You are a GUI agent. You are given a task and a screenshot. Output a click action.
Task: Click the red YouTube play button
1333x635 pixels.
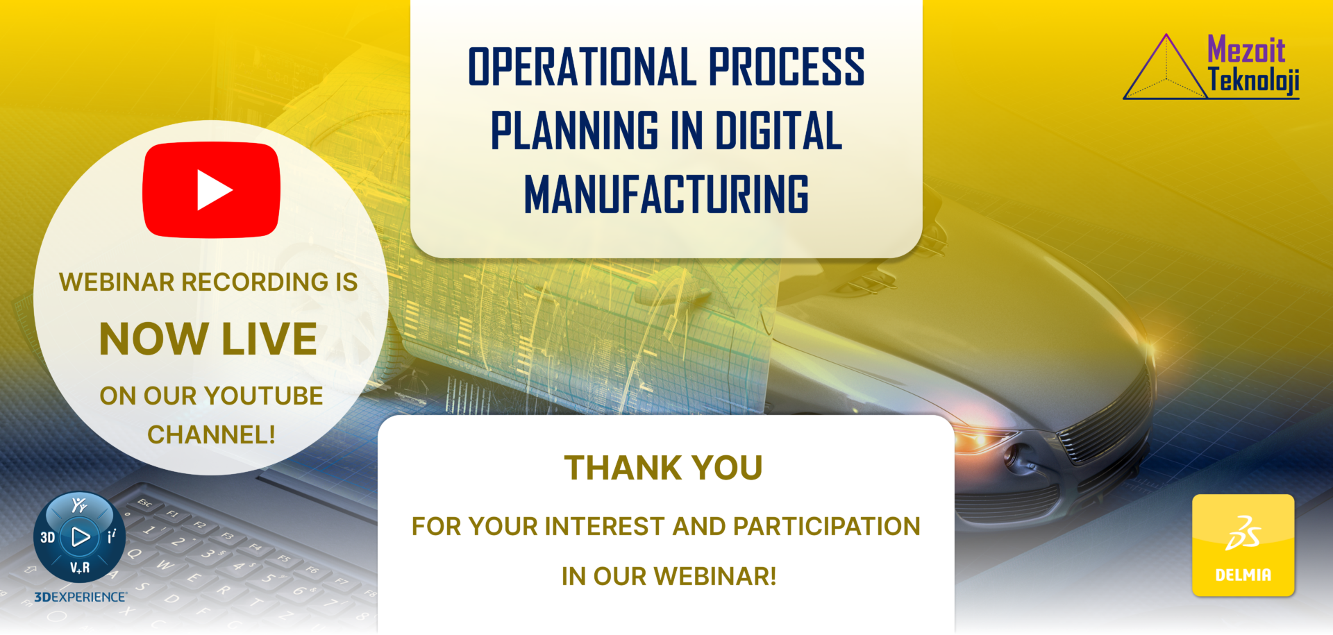pyautogui.click(x=212, y=190)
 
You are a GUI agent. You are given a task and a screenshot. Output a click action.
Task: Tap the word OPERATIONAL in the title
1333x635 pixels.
pyautogui.click(x=582, y=67)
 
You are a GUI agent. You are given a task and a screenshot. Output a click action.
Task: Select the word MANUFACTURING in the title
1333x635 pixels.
pyautogui.click(x=666, y=194)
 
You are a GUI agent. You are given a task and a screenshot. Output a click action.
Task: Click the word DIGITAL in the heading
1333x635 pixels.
pyautogui.click(x=778, y=130)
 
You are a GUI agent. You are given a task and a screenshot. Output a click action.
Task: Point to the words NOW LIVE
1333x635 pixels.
pyautogui.click(x=208, y=339)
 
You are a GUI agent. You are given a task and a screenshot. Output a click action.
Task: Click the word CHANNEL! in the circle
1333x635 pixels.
pyautogui.click(x=212, y=434)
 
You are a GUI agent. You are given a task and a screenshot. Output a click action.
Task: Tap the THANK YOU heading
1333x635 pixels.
pyautogui.click(x=664, y=468)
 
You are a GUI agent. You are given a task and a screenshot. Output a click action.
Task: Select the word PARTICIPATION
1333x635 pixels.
pyautogui.click(x=827, y=527)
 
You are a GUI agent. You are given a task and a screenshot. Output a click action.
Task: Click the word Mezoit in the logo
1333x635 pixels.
pyautogui.click(x=1246, y=50)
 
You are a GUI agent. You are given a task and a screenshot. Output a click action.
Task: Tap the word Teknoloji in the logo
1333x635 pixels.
pyautogui.click(x=1254, y=81)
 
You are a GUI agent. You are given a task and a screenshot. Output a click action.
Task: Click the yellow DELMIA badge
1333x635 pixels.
pyautogui.click(x=1243, y=545)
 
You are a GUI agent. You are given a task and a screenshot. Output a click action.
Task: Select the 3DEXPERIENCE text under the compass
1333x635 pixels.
pyautogui.click(x=81, y=597)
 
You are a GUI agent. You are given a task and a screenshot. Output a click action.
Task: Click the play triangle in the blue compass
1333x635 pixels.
pyautogui.click(x=81, y=536)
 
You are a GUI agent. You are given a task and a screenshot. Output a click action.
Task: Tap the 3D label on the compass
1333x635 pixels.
pyautogui.click(x=47, y=537)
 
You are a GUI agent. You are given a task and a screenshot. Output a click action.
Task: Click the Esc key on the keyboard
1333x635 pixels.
pyautogui.click(x=144, y=502)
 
